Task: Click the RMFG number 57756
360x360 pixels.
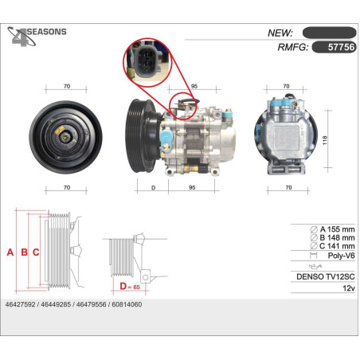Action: point(341,47)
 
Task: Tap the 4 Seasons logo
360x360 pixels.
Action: point(37,37)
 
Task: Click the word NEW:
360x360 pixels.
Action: point(280,33)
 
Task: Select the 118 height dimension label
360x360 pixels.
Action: point(325,140)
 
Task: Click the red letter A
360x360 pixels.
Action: point(10,252)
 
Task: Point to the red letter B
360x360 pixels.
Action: point(24,252)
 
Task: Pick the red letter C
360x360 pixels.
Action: point(36,252)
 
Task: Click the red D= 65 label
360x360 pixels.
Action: point(130,287)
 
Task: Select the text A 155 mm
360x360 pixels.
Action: point(337,229)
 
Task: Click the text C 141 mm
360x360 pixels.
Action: point(337,246)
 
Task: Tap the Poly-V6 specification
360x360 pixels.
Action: point(341,256)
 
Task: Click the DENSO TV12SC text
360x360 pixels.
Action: point(326,276)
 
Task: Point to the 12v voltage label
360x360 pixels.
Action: point(349,288)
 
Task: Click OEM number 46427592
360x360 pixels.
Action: point(20,304)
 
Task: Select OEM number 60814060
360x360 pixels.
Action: point(127,304)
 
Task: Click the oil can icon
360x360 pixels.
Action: point(315,266)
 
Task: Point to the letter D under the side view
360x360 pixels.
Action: point(153,188)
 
